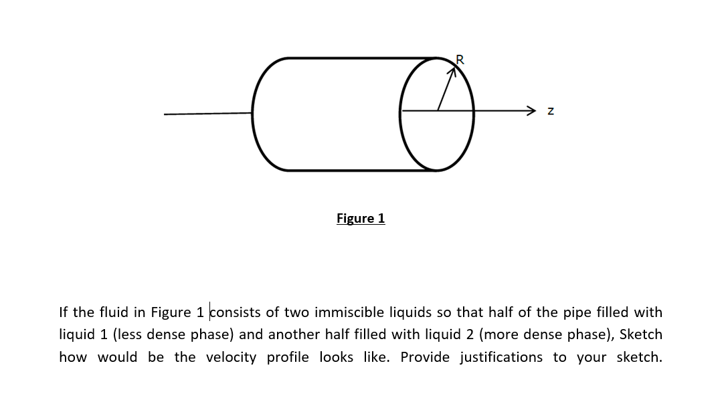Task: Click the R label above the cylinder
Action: tap(460, 61)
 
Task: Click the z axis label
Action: tap(550, 111)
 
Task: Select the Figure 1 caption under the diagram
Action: tap(361, 219)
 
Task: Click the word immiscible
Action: tap(349, 312)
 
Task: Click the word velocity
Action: tap(231, 357)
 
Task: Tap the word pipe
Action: tap(575, 312)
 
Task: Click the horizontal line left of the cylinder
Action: tap(207, 113)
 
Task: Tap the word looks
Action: tap(331, 357)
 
